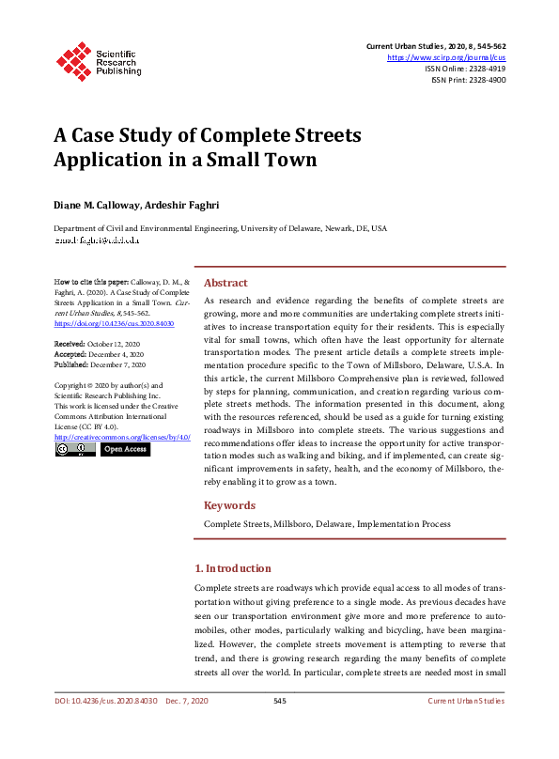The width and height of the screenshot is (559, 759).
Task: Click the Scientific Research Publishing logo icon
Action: pos(73,58)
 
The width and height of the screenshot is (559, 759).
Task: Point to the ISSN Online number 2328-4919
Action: pos(485,69)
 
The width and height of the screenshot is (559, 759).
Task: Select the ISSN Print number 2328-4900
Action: pos(485,81)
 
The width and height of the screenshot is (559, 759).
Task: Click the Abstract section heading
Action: pos(225,283)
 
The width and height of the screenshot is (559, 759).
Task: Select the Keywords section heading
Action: pos(229,505)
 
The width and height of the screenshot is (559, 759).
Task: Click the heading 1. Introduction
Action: pos(232,568)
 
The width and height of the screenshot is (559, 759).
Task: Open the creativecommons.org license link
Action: pos(122,437)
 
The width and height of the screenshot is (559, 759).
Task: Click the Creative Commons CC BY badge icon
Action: pos(74,450)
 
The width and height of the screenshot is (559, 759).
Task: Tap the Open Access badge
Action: pos(125,450)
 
